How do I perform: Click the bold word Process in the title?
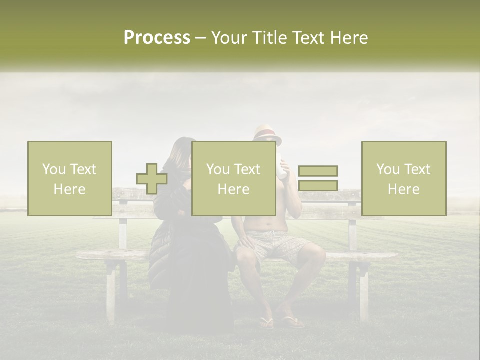pos(157,38)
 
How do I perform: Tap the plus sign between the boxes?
pos(152,179)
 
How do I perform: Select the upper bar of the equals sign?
pos(318,171)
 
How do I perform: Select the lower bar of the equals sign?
pos(318,185)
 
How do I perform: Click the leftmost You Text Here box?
pos(70,178)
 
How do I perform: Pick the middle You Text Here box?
pos(233,178)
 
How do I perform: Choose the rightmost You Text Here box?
pos(404,178)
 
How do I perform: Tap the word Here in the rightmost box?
pos(404,189)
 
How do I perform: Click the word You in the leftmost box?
pos(54,169)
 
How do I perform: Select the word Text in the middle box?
pos(248,169)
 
